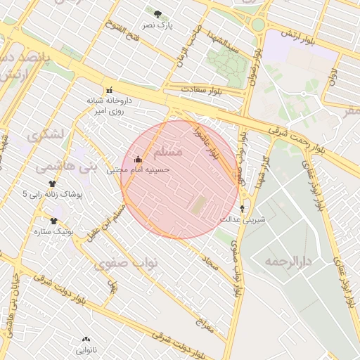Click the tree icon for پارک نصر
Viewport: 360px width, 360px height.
pyautogui.click(x=157, y=13)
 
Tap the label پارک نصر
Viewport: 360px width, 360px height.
pyautogui.click(x=157, y=25)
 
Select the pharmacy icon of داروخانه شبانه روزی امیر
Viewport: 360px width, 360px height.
pyautogui.click(x=108, y=90)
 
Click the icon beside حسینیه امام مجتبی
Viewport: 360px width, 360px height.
pyautogui.click(x=137, y=159)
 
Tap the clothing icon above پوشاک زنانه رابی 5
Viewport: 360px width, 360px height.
pyautogui.click(x=52, y=183)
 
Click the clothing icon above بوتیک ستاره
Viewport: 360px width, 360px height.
pyautogui.click(x=53, y=220)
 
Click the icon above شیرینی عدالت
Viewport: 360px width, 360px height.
pyautogui.click(x=243, y=209)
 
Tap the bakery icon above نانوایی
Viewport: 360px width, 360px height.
pyautogui.click(x=86, y=339)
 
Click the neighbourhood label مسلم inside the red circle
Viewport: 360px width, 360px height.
pyautogui.click(x=167, y=151)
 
